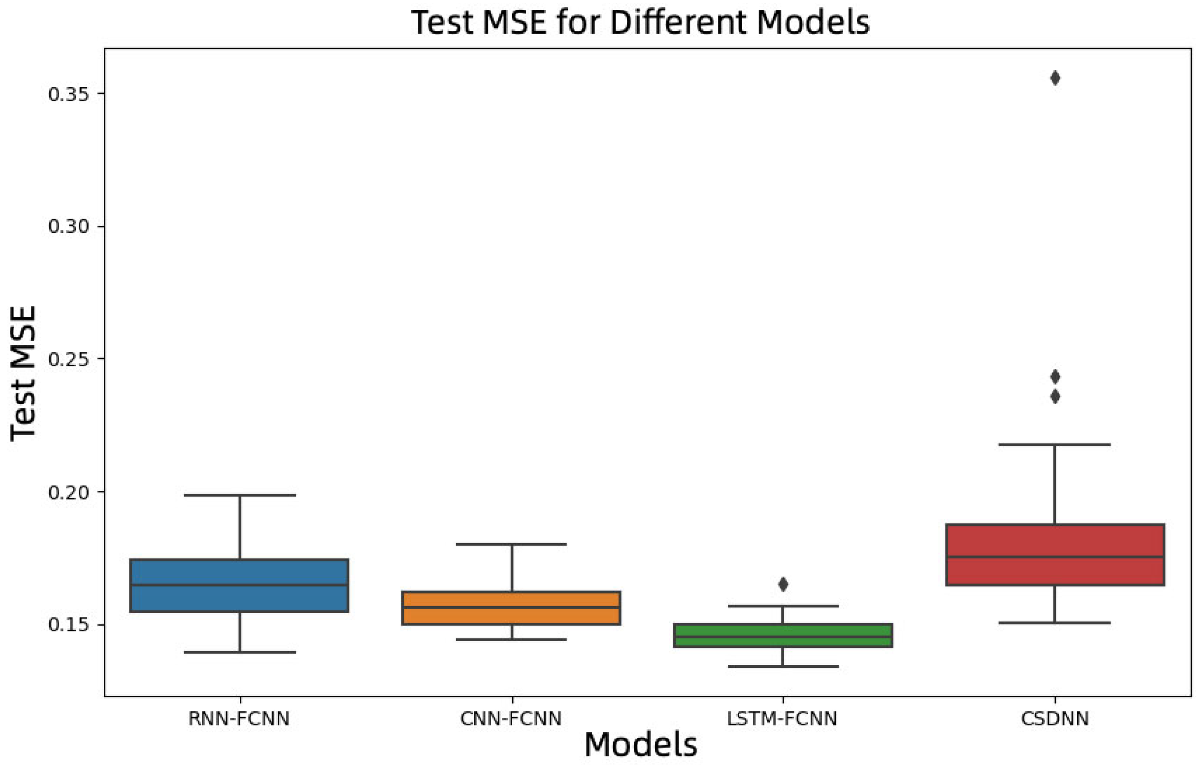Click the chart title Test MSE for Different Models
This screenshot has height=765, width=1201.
(641, 22)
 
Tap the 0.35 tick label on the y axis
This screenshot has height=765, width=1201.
(68, 94)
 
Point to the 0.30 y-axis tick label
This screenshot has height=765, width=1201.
(68, 227)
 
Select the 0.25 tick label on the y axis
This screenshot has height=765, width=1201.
(68, 359)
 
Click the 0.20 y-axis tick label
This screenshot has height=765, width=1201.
(68, 492)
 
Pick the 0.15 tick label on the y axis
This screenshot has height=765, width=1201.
(68, 625)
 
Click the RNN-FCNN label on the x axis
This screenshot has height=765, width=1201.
(239, 719)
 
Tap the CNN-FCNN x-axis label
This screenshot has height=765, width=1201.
(511, 719)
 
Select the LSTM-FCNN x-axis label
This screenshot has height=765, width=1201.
(782, 719)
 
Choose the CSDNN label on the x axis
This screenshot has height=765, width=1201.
(1055, 719)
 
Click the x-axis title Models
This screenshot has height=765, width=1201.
(641, 745)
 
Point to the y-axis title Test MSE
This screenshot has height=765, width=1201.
(23, 373)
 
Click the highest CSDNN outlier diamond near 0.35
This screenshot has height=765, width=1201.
(1055, 78)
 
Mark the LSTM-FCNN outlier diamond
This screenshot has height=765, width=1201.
(783, 584)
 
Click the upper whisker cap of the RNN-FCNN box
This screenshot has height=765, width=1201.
(240, 495)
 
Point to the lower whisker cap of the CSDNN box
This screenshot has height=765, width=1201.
(1055, 623)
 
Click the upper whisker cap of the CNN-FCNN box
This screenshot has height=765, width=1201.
(511, 544)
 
